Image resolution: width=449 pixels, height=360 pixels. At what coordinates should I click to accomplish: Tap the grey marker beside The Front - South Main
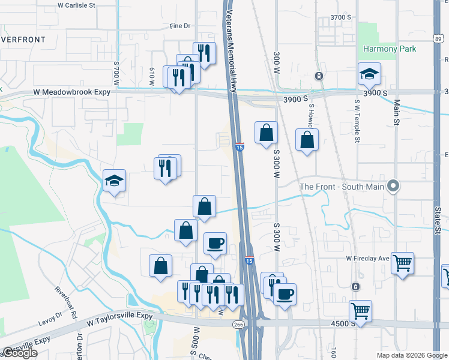pos(393,187)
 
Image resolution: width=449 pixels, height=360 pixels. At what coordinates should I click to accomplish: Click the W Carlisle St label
pos(77,5)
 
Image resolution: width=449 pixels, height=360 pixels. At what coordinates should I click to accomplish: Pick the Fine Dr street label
pos(179,26)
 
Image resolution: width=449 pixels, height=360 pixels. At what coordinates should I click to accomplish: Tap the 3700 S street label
pos(340,17)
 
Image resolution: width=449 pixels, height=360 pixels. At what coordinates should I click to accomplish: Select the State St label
pos(438,222)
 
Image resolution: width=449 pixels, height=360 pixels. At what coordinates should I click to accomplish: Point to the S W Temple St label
pos(357,120)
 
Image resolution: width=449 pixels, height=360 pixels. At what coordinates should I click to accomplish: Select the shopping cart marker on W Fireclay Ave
pos(402,262)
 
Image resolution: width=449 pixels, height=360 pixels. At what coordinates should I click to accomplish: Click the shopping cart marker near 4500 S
pos(361,311)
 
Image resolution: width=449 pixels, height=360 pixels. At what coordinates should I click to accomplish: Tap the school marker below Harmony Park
pos(369,74)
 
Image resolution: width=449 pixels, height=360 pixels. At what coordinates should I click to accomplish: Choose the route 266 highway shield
pos(238,325)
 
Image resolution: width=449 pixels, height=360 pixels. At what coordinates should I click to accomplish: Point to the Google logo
pos(20,353)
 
